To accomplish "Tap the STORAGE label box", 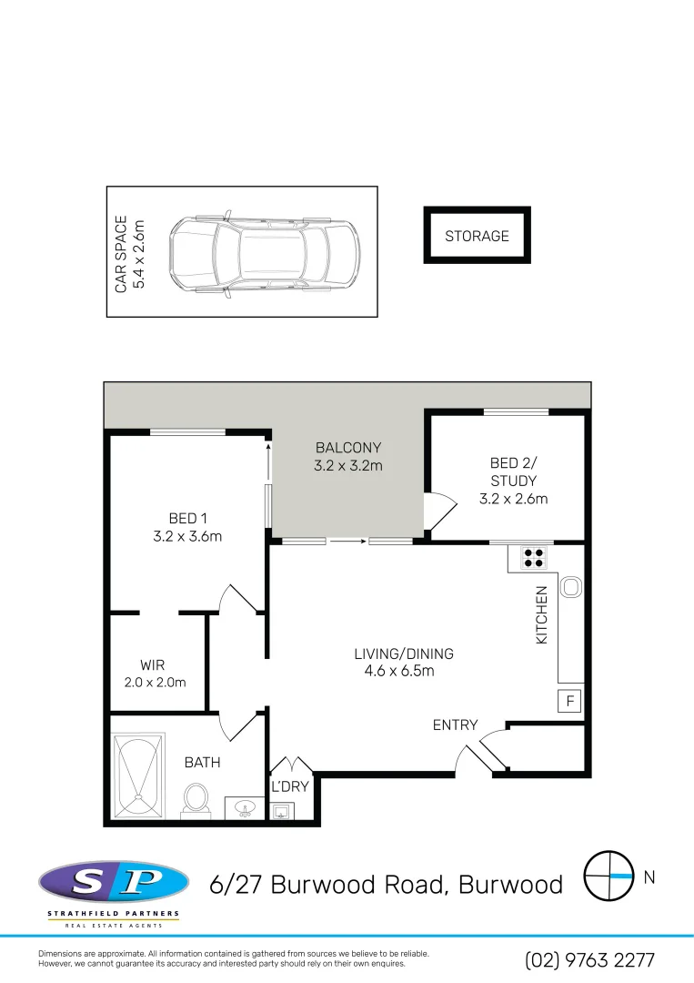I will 477,236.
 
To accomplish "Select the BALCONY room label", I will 347,448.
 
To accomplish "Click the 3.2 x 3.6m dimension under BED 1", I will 187,536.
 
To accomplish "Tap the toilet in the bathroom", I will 195,800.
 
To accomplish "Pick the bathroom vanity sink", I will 244,807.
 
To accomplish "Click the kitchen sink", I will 570,588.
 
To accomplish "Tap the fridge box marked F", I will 569,702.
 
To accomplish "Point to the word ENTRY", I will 455,725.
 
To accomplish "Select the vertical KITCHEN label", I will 542,615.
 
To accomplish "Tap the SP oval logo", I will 114,881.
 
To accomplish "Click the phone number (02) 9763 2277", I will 589,959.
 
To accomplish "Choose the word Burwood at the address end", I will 510,884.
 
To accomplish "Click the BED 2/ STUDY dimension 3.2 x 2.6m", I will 513,499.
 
